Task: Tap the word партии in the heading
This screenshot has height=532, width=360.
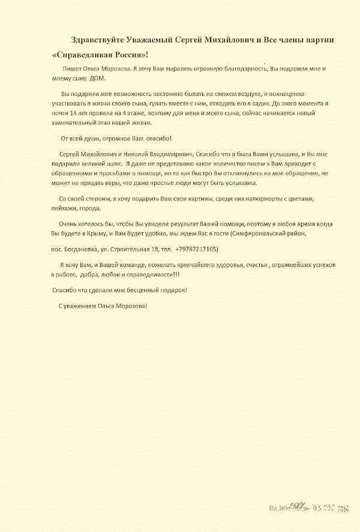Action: pyautogui.click(x=318, y=40)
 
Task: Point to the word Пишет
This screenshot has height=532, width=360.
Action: pyautogui.click(x=72, y=69)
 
